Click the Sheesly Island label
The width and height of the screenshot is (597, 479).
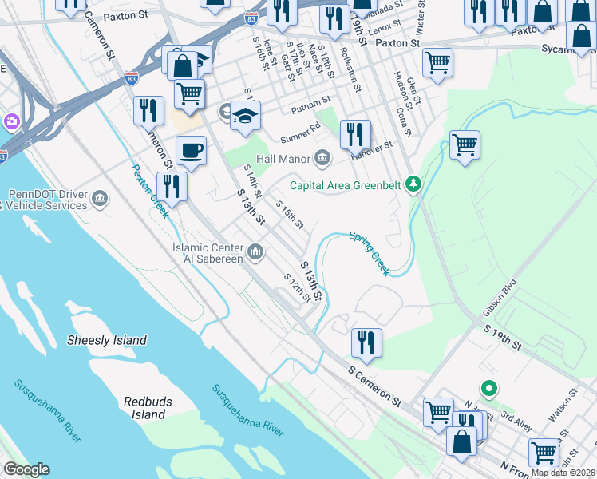[107, 340]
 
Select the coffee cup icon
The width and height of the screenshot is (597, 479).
[190, 150]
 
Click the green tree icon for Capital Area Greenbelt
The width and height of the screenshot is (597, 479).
[413, 184]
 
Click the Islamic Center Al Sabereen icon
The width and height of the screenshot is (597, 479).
[255, 254]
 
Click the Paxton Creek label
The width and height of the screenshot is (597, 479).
[150, 192]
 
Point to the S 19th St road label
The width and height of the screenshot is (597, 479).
[502, 336]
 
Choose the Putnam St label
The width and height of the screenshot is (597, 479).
[310, 102]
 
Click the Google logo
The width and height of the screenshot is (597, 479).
[26, 469]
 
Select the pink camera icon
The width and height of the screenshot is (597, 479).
[11, 122]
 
